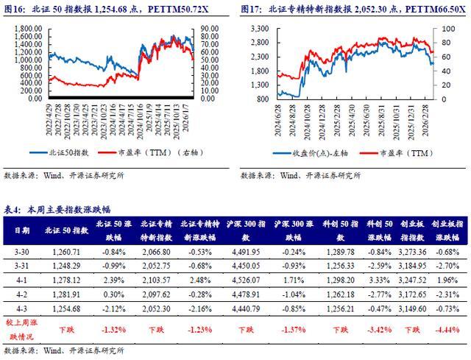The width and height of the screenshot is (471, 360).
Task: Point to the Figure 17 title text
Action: coord(349,10)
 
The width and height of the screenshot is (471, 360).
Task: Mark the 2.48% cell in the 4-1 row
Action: coord(196,280)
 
